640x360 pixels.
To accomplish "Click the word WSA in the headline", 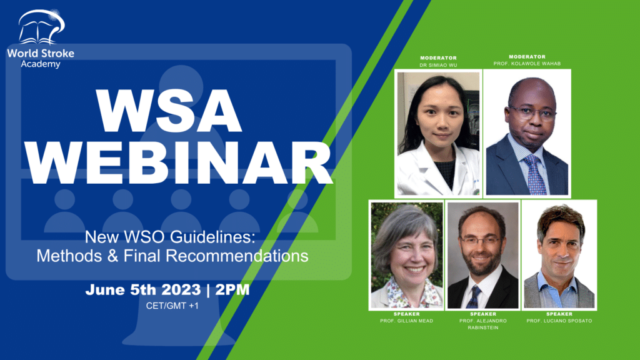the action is pyautogui.click(x=169, y=111).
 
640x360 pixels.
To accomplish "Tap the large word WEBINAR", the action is pyautogui.click(x=178, y=163).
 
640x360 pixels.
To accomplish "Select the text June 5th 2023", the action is pyautogui.click(x=143, y=290).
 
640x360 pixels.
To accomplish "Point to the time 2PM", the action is pyautogui.click(x=232, y=290).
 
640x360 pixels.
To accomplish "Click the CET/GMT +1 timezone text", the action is pyautogui.click(x=172, y=306).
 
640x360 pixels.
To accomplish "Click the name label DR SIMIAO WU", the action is pyautogui.click(x=438, y=65).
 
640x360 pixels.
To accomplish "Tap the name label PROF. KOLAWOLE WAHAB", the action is pyautogui.click(x=527, y=64).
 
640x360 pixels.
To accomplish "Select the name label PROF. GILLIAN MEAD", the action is pyautogui.click(x=406, y=321).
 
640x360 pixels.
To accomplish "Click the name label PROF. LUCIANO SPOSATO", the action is pyautogui.click(x=559, y=321).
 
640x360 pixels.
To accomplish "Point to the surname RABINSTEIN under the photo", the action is pyautogui.click(x=483, y=327).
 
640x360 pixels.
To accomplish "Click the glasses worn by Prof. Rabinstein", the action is pyautogui.click(x=481, y=241).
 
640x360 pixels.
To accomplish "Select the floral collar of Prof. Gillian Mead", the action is pyautogui.click(x=408, y=294).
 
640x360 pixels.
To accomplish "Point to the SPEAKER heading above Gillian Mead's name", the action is pyautogui.click(x=406, y=314).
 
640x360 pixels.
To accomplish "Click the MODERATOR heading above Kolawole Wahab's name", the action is pyautogui.click(x=527, y=57).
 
